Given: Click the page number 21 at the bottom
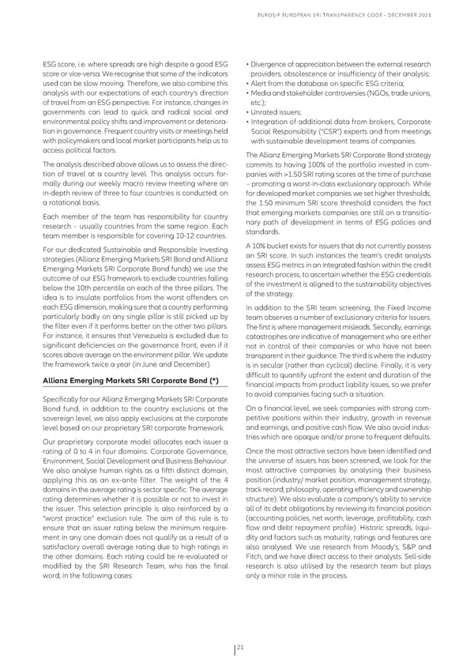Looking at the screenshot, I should click(x=241, y=648).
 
